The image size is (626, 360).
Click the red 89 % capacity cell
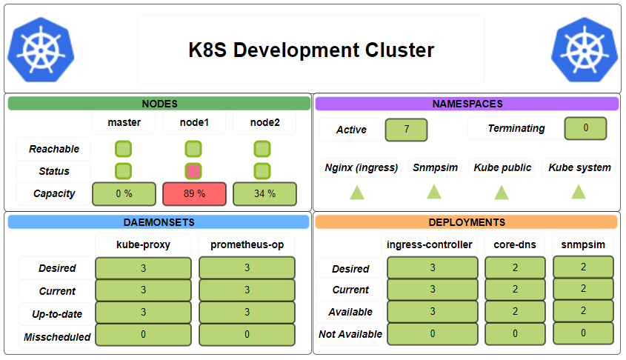tap(194, 194)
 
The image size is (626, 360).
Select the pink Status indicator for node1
tap(193, 171)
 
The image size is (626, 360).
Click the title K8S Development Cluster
tap(311, 50)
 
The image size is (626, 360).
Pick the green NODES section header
tap(159, 104)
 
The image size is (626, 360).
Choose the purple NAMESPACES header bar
tap(467, 104)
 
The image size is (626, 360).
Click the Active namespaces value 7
tap(407, 130)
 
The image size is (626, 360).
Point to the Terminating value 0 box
tap(585, 128)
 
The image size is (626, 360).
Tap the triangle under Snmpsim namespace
tap(434, 192)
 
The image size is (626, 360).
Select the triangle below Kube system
tap(579, 192)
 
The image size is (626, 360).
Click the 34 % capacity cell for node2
tap(264, 194)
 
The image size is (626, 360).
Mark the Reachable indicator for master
tap(124, 149)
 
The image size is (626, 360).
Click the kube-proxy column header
tap(143, 244)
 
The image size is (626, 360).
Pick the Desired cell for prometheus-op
tap(247, 268)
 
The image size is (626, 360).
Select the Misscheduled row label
tap(57, 337)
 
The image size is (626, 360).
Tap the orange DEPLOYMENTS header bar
tap(467, 222)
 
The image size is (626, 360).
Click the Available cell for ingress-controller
tap(433, 312)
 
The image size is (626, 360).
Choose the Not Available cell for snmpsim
tap(583, 333)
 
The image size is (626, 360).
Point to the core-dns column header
tap(515, 244)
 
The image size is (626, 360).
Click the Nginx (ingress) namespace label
tap(362, 167)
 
